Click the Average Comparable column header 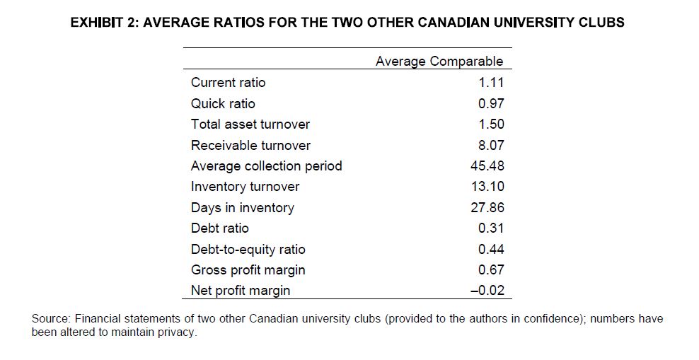tap(439, 61)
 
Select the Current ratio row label tap(229, 83)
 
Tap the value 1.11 tap(491, 83)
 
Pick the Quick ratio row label tap(223, 103)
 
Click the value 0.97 tap(491, 103)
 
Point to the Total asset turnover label tap(250, 124)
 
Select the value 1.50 tap(491, 124)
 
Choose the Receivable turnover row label tap(250, 145)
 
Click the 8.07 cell tap(491, 145)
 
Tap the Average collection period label tap(266, 166)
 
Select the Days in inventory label tap(242, 207)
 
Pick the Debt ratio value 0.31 tap(491, 228)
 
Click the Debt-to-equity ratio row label tap(248, 249)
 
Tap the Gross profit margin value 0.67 tap(491, 269)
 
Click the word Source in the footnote tap(50, 319)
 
